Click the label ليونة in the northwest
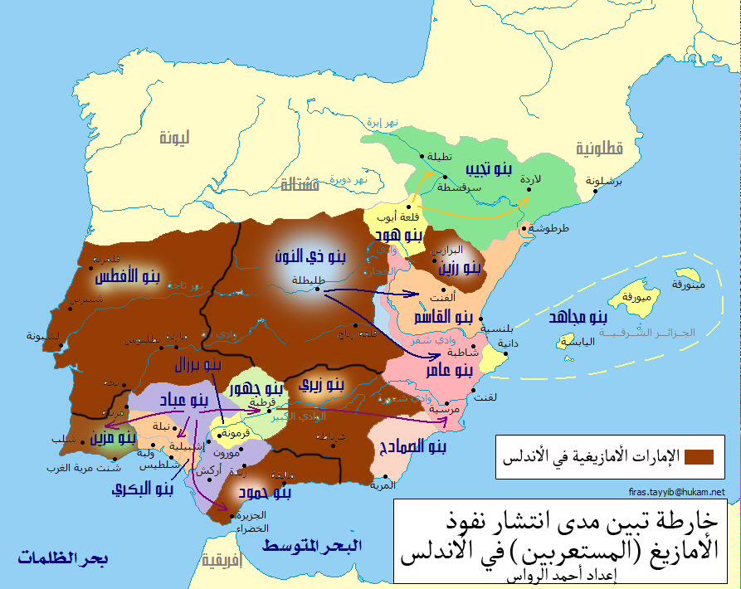tap(176, 138)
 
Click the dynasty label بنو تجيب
tap(487, 171)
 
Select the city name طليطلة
tap(308, 280)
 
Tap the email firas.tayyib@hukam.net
tap(677, 492)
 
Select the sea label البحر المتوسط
tap(312, 546)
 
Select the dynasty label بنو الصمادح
tap(412, 447)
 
